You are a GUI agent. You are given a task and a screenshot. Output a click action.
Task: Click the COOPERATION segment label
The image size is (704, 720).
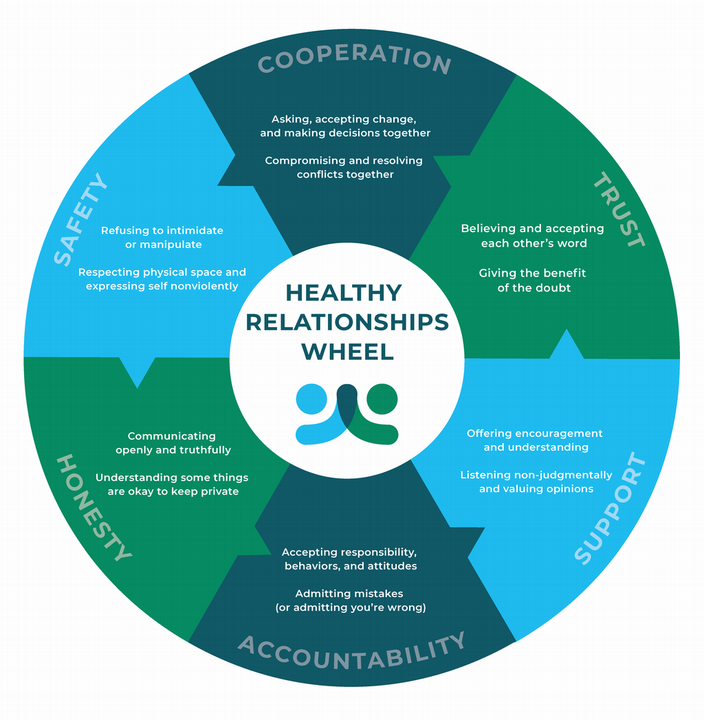click(354, 59)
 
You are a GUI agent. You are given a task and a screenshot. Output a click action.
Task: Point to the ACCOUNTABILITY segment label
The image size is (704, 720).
click(352, 653)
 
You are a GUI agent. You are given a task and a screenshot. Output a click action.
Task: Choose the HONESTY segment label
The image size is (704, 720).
click(93, 507)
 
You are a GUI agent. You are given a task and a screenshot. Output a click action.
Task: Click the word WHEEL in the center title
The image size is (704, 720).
click(348, 351)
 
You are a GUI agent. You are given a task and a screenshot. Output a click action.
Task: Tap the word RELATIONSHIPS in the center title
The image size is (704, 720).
click(347, 322)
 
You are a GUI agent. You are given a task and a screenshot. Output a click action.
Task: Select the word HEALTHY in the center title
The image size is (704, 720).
click(344, 293)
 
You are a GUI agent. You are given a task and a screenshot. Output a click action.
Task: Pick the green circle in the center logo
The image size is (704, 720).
click(382, 398)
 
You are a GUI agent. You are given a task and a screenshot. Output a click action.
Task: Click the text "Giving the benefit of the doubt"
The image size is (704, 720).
click(533, 280)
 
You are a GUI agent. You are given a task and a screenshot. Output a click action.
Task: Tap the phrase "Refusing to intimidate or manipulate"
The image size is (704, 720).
click(162, 237)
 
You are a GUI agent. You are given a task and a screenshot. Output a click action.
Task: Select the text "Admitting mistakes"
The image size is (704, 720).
click(349, 593)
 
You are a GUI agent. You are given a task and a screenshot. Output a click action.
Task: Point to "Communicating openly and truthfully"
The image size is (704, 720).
click(172, 442)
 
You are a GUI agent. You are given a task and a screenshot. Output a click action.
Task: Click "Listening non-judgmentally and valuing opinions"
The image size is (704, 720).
click(536, 482)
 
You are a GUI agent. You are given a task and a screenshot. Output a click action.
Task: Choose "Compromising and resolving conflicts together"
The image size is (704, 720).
click(344, 167)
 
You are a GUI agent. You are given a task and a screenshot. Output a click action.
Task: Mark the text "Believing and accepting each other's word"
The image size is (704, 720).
click(533, 236)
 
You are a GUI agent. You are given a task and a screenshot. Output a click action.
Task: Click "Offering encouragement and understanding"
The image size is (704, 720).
click(535, 440)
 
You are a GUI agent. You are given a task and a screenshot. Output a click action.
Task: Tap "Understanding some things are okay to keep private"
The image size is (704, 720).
click(172, 484)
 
